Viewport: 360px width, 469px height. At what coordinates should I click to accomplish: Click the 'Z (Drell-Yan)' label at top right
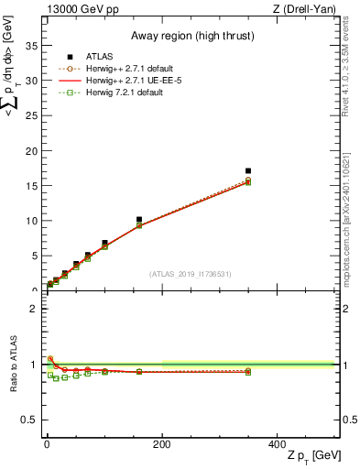(x=305, y=9)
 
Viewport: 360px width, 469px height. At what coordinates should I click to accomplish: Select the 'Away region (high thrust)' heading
(x=191, y=36)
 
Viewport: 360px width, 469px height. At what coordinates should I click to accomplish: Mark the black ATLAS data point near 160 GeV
(x=139, y=220)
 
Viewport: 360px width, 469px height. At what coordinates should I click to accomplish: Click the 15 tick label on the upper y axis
(x=35, y=186)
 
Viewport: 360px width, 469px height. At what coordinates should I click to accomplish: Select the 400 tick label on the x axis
(x=277, y=444)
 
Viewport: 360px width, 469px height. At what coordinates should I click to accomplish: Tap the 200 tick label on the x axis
(x=161, y=444)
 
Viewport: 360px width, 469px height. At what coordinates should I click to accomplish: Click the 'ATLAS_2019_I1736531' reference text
(x=191, y=274)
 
